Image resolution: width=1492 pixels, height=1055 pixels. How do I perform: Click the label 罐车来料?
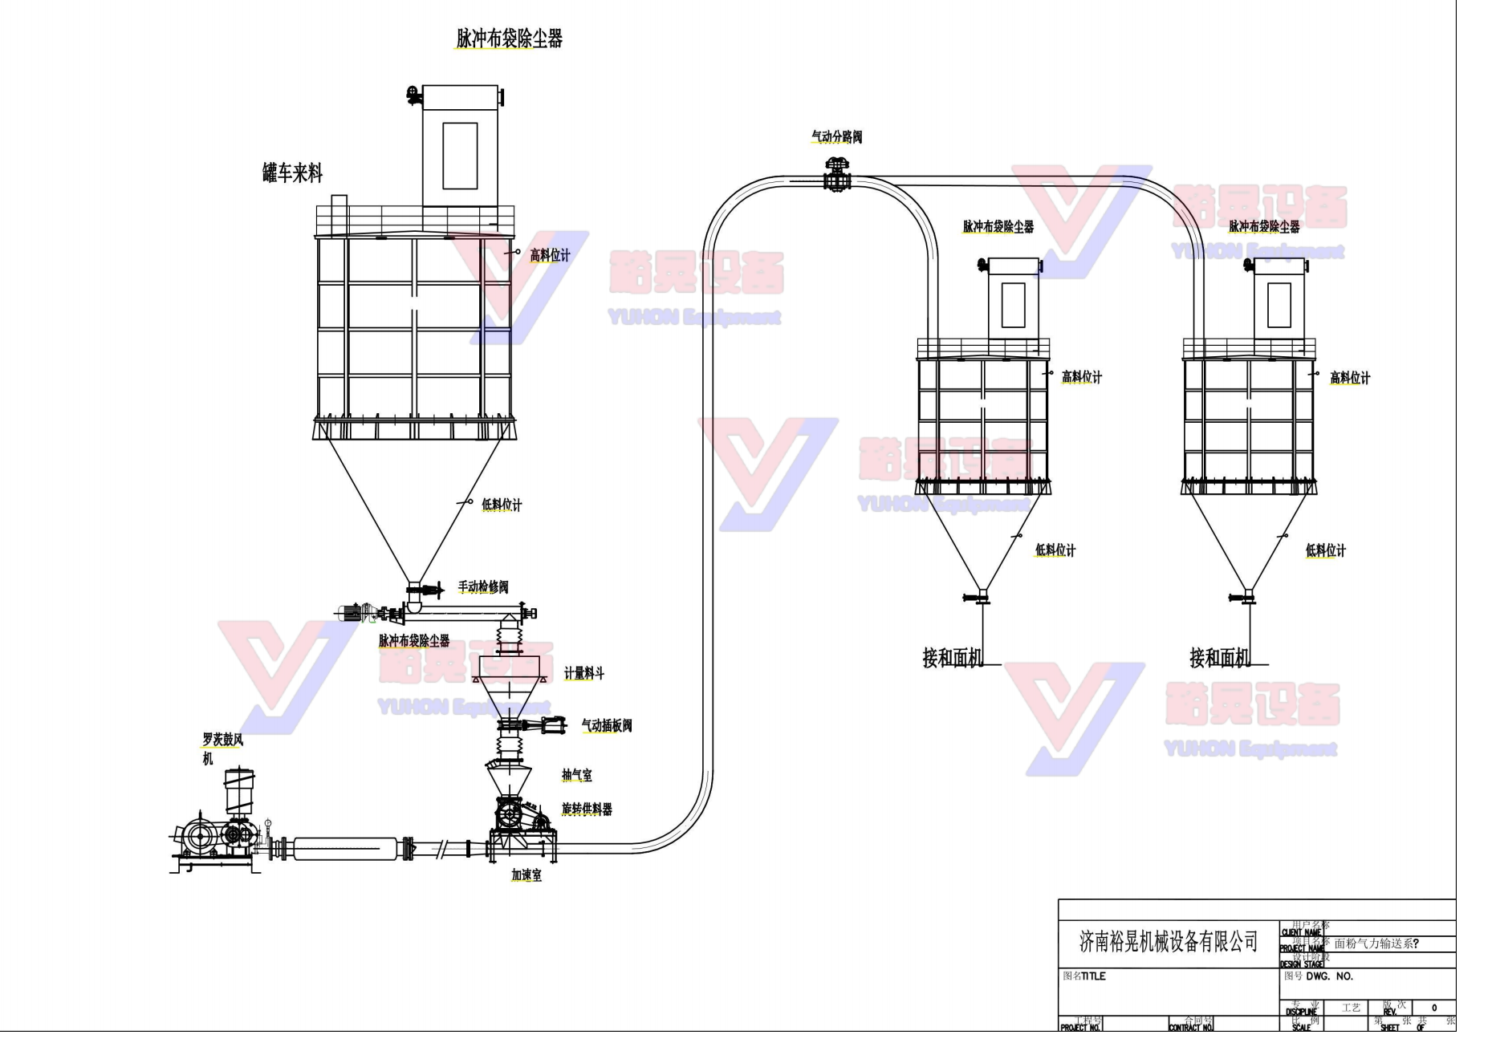292,173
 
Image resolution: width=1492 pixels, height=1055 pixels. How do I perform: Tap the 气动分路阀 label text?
836,137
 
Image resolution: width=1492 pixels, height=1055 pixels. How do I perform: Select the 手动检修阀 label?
483,587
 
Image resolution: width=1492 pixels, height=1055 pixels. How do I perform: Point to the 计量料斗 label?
583,674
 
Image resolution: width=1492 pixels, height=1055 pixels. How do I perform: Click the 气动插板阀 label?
606,726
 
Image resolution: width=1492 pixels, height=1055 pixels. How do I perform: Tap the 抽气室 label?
576,775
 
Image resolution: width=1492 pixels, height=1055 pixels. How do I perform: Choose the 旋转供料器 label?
586,810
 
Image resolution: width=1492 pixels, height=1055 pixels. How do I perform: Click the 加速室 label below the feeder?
526,875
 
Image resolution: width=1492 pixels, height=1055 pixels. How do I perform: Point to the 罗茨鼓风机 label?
222,740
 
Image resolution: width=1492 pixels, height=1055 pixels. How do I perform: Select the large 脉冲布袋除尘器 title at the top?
509,39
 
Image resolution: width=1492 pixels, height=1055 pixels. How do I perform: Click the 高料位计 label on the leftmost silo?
550,256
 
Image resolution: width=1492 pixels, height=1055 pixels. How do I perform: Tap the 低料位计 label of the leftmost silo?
502,505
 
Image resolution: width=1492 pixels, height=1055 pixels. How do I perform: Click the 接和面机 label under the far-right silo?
1219,659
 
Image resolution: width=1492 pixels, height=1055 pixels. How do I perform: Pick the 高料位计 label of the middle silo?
1081,377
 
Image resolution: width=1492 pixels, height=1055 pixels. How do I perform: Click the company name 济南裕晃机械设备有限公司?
1168,942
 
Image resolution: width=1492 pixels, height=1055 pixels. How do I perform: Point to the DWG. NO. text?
1329,976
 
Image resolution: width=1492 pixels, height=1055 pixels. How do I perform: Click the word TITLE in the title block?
1093,976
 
